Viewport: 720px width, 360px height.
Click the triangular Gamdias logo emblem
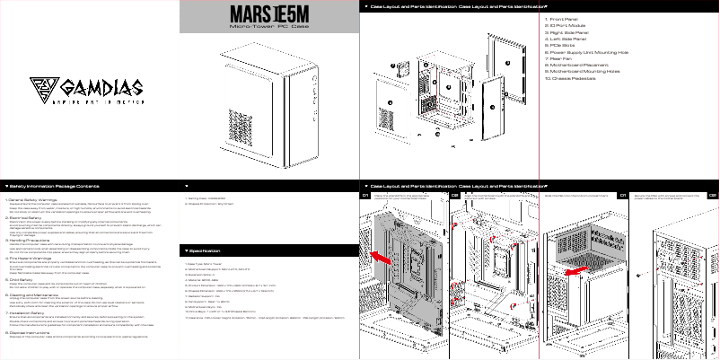pos(42,88)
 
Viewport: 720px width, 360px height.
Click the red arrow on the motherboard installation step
pos(382,258)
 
